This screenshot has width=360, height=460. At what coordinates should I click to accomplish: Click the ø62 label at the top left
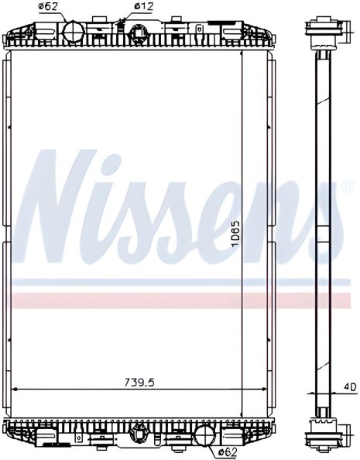(48, 8)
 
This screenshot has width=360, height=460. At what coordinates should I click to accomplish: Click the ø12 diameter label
(142, 7)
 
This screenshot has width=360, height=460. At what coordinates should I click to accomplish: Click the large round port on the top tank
(73, 31)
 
